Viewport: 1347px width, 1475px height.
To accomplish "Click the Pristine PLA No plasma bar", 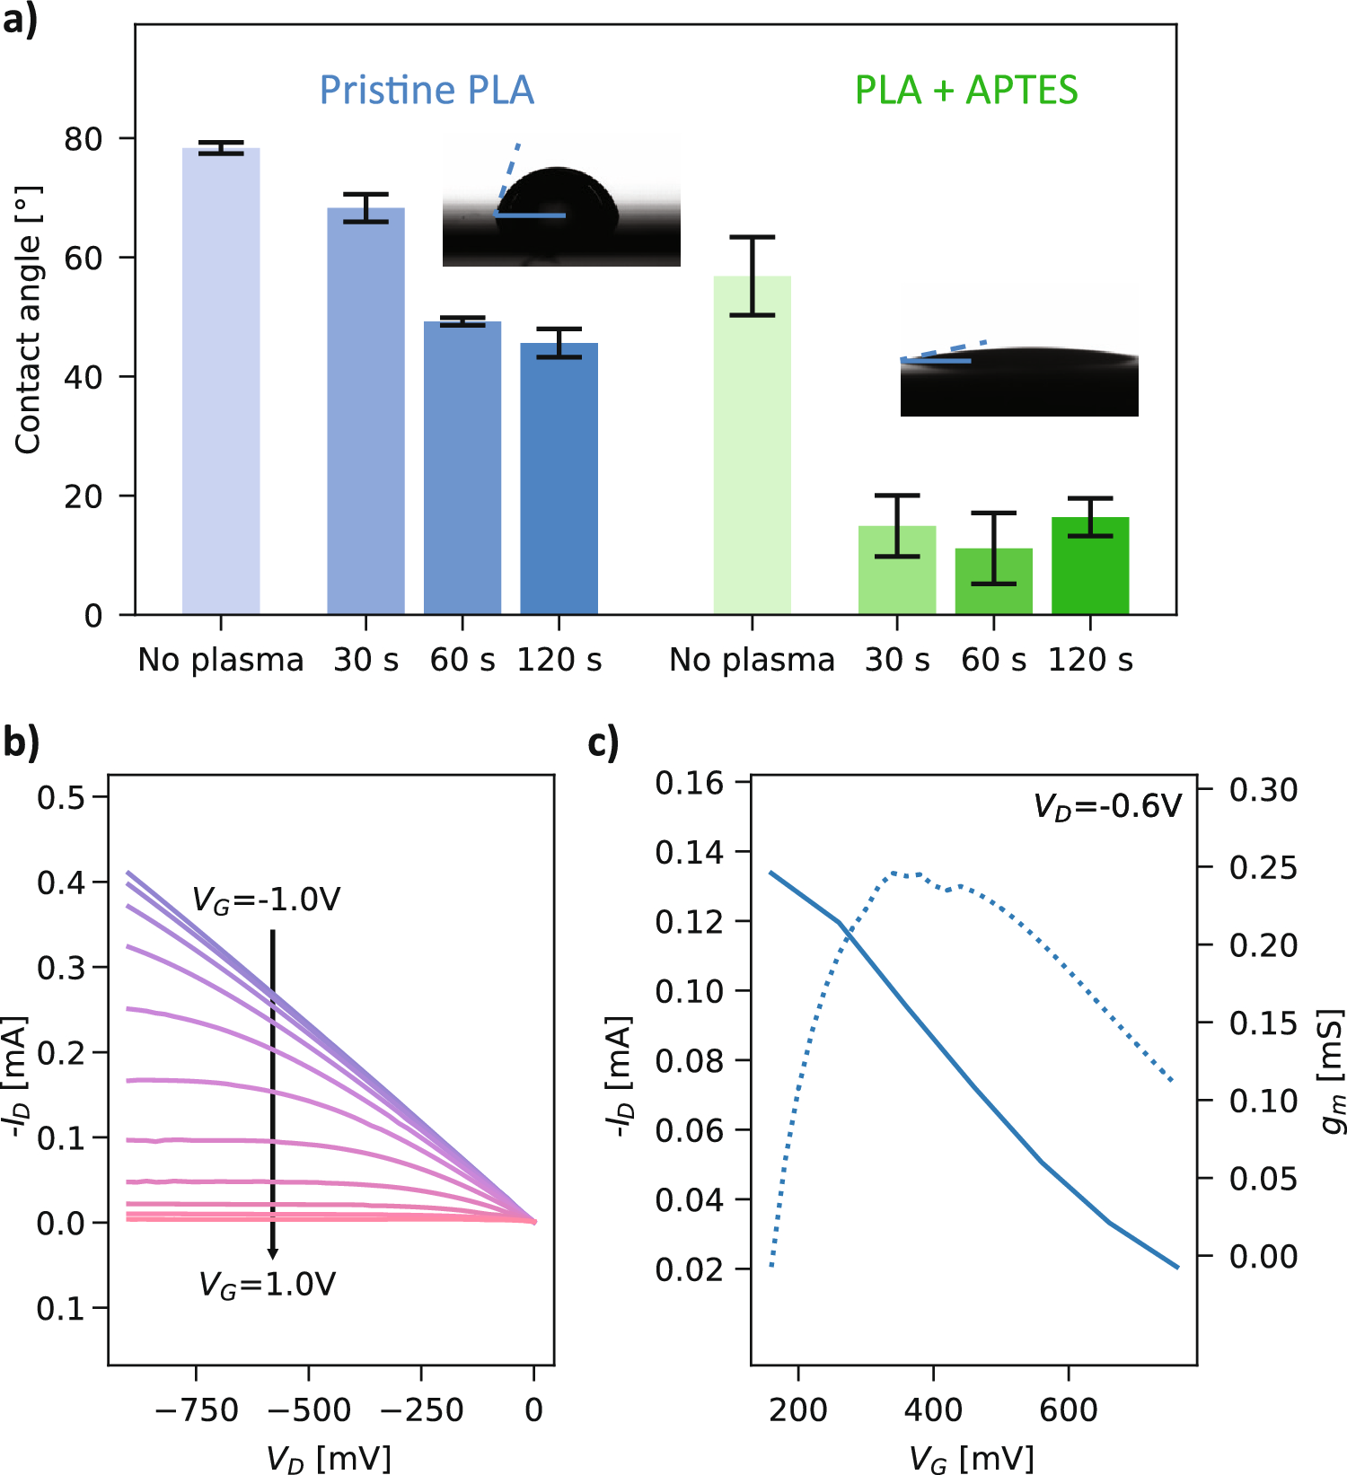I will pos(221,382).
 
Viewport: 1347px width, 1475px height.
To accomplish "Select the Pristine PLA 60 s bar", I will pos(462,467).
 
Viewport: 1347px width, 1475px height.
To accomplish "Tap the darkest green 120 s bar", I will pos(1090,566).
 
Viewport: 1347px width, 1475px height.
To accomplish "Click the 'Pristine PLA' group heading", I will pos(427,91).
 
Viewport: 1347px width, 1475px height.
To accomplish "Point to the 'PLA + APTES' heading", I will pos(966,91).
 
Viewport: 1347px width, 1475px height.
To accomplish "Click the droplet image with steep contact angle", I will pos(561,201).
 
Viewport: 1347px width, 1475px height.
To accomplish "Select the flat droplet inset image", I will pos(1019,351).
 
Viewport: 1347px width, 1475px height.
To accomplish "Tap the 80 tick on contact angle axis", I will pos(84,139).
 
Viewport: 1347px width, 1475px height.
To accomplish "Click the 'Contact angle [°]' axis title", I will pos(29,320).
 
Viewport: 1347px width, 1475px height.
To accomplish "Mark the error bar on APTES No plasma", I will pos(752,276).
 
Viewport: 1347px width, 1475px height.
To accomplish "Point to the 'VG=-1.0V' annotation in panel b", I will pos(267,900).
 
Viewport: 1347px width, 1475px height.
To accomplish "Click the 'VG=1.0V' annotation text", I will pos(267,1285).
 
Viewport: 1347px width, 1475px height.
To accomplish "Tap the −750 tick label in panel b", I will pos(196,1409).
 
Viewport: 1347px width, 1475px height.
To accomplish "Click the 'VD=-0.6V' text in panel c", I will pos(1107,806).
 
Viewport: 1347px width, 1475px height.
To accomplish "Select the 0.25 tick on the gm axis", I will pos(1263,868).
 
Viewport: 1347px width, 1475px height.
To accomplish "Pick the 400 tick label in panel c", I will pos(933,1409).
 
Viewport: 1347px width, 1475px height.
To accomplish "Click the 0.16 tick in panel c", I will pos(689,783).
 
